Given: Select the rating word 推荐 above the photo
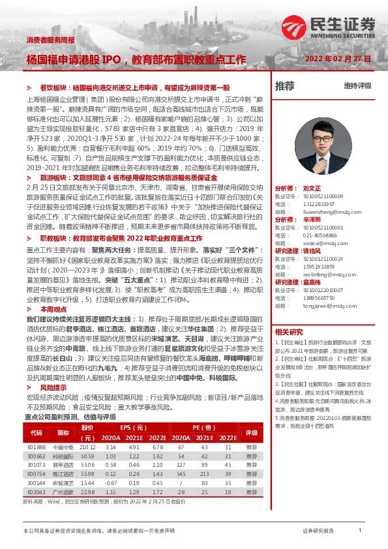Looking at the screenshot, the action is [285, 85].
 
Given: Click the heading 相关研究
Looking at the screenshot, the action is [289, 332].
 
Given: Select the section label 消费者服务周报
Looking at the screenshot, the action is [50, 40].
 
